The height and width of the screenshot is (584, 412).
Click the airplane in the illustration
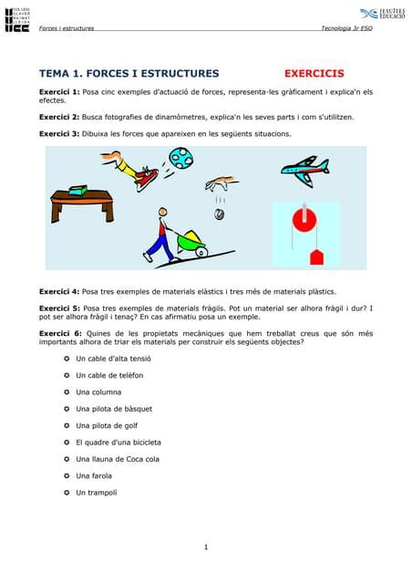[304, 169]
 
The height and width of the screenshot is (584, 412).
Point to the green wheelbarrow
[192, 243]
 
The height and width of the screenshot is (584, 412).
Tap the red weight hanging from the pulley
[316, 257]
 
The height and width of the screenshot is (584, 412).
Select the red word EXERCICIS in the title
[314, 73]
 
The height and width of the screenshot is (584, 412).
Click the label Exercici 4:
[59, 291]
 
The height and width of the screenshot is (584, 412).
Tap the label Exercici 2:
[59, 118]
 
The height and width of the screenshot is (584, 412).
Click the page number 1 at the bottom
[206, 547]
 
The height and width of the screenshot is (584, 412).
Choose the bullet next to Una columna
[66, 392]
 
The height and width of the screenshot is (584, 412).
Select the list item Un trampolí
[100, 493]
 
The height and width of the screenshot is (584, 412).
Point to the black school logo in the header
[16, 20]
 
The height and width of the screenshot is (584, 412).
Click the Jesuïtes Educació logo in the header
[382, 15]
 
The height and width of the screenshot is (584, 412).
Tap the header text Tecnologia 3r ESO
[347, 28]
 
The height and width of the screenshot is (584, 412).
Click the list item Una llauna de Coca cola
[118, 459]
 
